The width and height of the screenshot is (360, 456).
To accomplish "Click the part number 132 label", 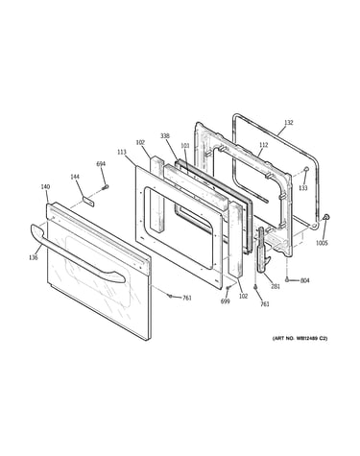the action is click(x=288, y=123).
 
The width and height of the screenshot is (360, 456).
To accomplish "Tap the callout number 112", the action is click(x=263, y=145).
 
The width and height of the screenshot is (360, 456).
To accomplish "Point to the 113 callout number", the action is click(x=122, y=153).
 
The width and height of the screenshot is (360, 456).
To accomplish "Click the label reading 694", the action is click(x=101, y=164).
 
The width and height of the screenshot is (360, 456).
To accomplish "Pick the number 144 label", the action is click(x=75, y=177).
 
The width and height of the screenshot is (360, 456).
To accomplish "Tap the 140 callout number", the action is click(x=45, y=186).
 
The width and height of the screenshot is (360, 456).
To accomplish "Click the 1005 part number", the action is click(x=322, y=243).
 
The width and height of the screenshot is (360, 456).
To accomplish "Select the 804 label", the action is click(x=305, y=280).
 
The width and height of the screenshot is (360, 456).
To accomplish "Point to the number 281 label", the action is click(x=276, y=286).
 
